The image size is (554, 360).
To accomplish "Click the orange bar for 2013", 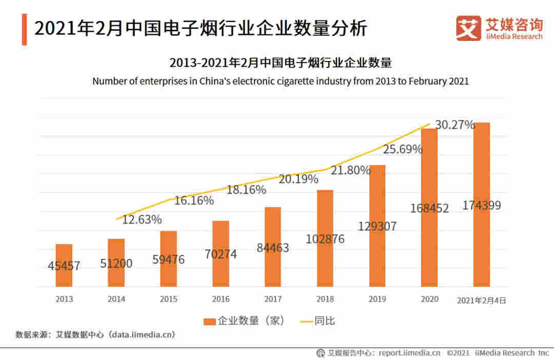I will pyautogui.click(x=64, y=265).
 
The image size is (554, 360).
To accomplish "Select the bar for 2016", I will pyautogui.click(x=221, y=253).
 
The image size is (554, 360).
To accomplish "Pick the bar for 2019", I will pyautogui.click(x=377, y=226).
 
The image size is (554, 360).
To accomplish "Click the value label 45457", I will pyautogui.click(x=64, y=266).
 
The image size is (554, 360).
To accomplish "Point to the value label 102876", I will pyautogui.click(x=325, y=239).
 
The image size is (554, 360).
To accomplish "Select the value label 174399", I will pyautogui.click(x=482, y=206).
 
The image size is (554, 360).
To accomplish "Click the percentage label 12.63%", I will pyautogui.click(x=142, y=220).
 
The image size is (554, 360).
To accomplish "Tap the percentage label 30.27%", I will pyautogui.click(x=454, y=125).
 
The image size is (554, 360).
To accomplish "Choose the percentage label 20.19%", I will pyautogui.click(x=299, y=179).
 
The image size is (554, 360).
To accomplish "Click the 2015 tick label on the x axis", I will pyautogui.click(x=168, y=299).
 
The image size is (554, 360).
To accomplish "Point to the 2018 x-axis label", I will pyautogui.click(x=325, y=299).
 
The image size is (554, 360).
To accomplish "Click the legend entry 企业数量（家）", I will pyautogui.click(x=244, y=321).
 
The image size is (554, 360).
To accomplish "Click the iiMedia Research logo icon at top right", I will pyautogui.click(x=468, y=28).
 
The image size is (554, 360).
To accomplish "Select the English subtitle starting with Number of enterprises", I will pyautogui.click(x=281, y=81).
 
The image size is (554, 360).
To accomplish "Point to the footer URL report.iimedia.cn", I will pyautogui.click(x=409, y=353).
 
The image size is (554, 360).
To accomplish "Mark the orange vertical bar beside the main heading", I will pyautogui.click(x=24, y=30).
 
